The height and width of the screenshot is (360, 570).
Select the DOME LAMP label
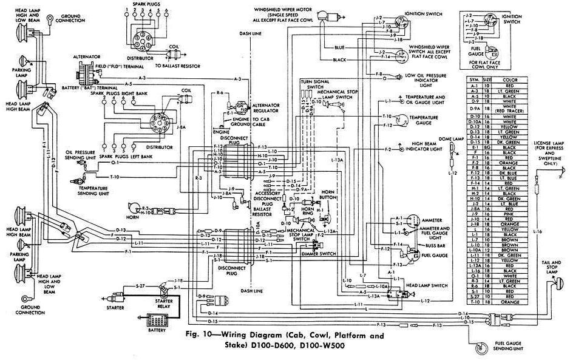click(451, 139)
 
